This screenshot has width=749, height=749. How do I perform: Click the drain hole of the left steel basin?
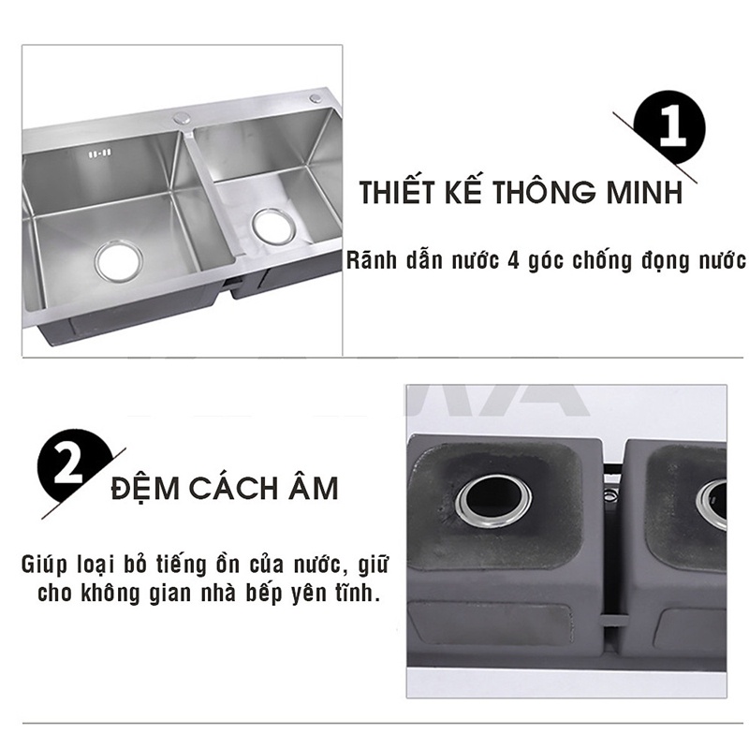pyautogui.click(x=118, y=260)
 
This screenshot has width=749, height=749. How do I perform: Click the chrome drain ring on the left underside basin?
pyautogui.click(x=492, y=502)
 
